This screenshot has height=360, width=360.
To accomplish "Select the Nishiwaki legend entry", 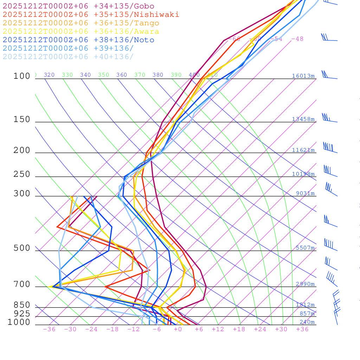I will [91, 14].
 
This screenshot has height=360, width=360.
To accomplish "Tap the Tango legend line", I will [81, 23].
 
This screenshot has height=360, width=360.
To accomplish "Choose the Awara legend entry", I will [81, 32].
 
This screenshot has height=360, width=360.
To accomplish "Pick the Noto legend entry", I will [78, 40].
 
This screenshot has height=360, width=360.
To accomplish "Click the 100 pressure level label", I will [22, 76].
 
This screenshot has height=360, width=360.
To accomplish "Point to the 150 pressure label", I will [22, 120].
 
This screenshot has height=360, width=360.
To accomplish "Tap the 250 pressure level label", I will [22, 174].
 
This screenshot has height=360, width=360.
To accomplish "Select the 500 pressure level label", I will [22, 248].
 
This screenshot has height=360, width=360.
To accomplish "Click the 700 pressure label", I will [22, 284].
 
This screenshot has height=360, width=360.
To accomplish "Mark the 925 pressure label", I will [22, 314].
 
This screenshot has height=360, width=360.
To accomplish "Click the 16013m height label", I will [303, 76].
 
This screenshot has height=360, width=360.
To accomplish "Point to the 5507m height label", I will [305, 248].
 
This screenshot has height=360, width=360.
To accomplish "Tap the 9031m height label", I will [305, 193].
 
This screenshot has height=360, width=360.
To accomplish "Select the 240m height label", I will [307, 322].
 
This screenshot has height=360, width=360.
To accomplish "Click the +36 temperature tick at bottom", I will [302, 329].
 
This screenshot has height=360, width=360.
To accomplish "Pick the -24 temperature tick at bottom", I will [91, 329].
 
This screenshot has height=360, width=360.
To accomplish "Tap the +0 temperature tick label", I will [178, 329].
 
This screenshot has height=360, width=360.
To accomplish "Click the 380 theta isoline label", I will [158, 75].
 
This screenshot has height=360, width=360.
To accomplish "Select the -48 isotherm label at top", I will [297, 39].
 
